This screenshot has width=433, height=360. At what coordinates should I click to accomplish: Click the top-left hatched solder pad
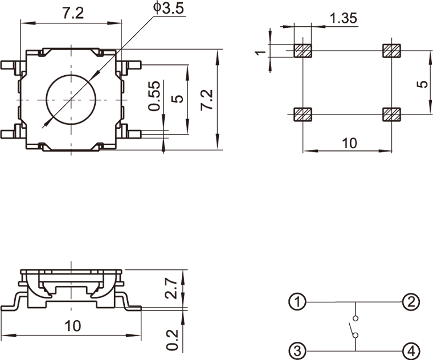coord(303,50)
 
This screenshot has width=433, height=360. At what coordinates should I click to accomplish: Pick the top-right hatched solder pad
coord(392,50)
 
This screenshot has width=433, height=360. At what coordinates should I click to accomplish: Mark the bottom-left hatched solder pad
coord(303,114)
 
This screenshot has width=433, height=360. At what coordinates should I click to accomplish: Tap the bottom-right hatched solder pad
coord(392,114)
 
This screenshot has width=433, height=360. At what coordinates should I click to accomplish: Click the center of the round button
coord(71,99)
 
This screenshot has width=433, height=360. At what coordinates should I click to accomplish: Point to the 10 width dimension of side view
coord(72,326)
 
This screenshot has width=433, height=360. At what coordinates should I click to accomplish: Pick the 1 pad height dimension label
coord(261,52)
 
